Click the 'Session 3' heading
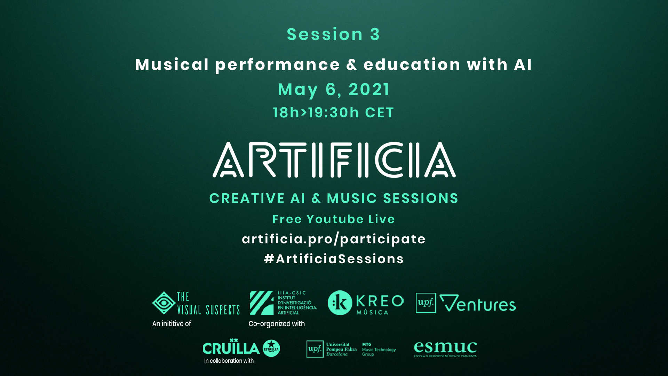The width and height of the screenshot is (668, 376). (333, 34)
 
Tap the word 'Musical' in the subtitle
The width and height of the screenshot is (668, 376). (172, 64)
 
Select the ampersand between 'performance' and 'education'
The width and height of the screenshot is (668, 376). (352, 65)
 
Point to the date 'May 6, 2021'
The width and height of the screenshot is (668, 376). (334, 89)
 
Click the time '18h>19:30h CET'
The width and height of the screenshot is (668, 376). (333, 112)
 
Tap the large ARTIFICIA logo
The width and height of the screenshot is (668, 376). (334, 160)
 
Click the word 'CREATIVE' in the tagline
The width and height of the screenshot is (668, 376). (247, 198)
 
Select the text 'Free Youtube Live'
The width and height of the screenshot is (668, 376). (334, 219)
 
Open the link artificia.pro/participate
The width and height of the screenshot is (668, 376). (334, 239)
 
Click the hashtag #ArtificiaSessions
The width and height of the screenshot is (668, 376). (334, 259)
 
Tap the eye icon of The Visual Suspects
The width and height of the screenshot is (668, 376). (164, 303)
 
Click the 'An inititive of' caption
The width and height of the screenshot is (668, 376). (172, 324)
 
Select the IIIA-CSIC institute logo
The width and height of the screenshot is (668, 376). (283, 303)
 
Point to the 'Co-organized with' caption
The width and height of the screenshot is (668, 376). (277, 324)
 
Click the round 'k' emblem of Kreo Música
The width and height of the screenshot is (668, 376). (340, 303)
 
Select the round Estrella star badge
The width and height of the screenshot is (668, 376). (271, 348)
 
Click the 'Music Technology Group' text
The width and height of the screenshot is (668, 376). (379, 349)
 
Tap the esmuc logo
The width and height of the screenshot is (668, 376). (445, 349)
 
